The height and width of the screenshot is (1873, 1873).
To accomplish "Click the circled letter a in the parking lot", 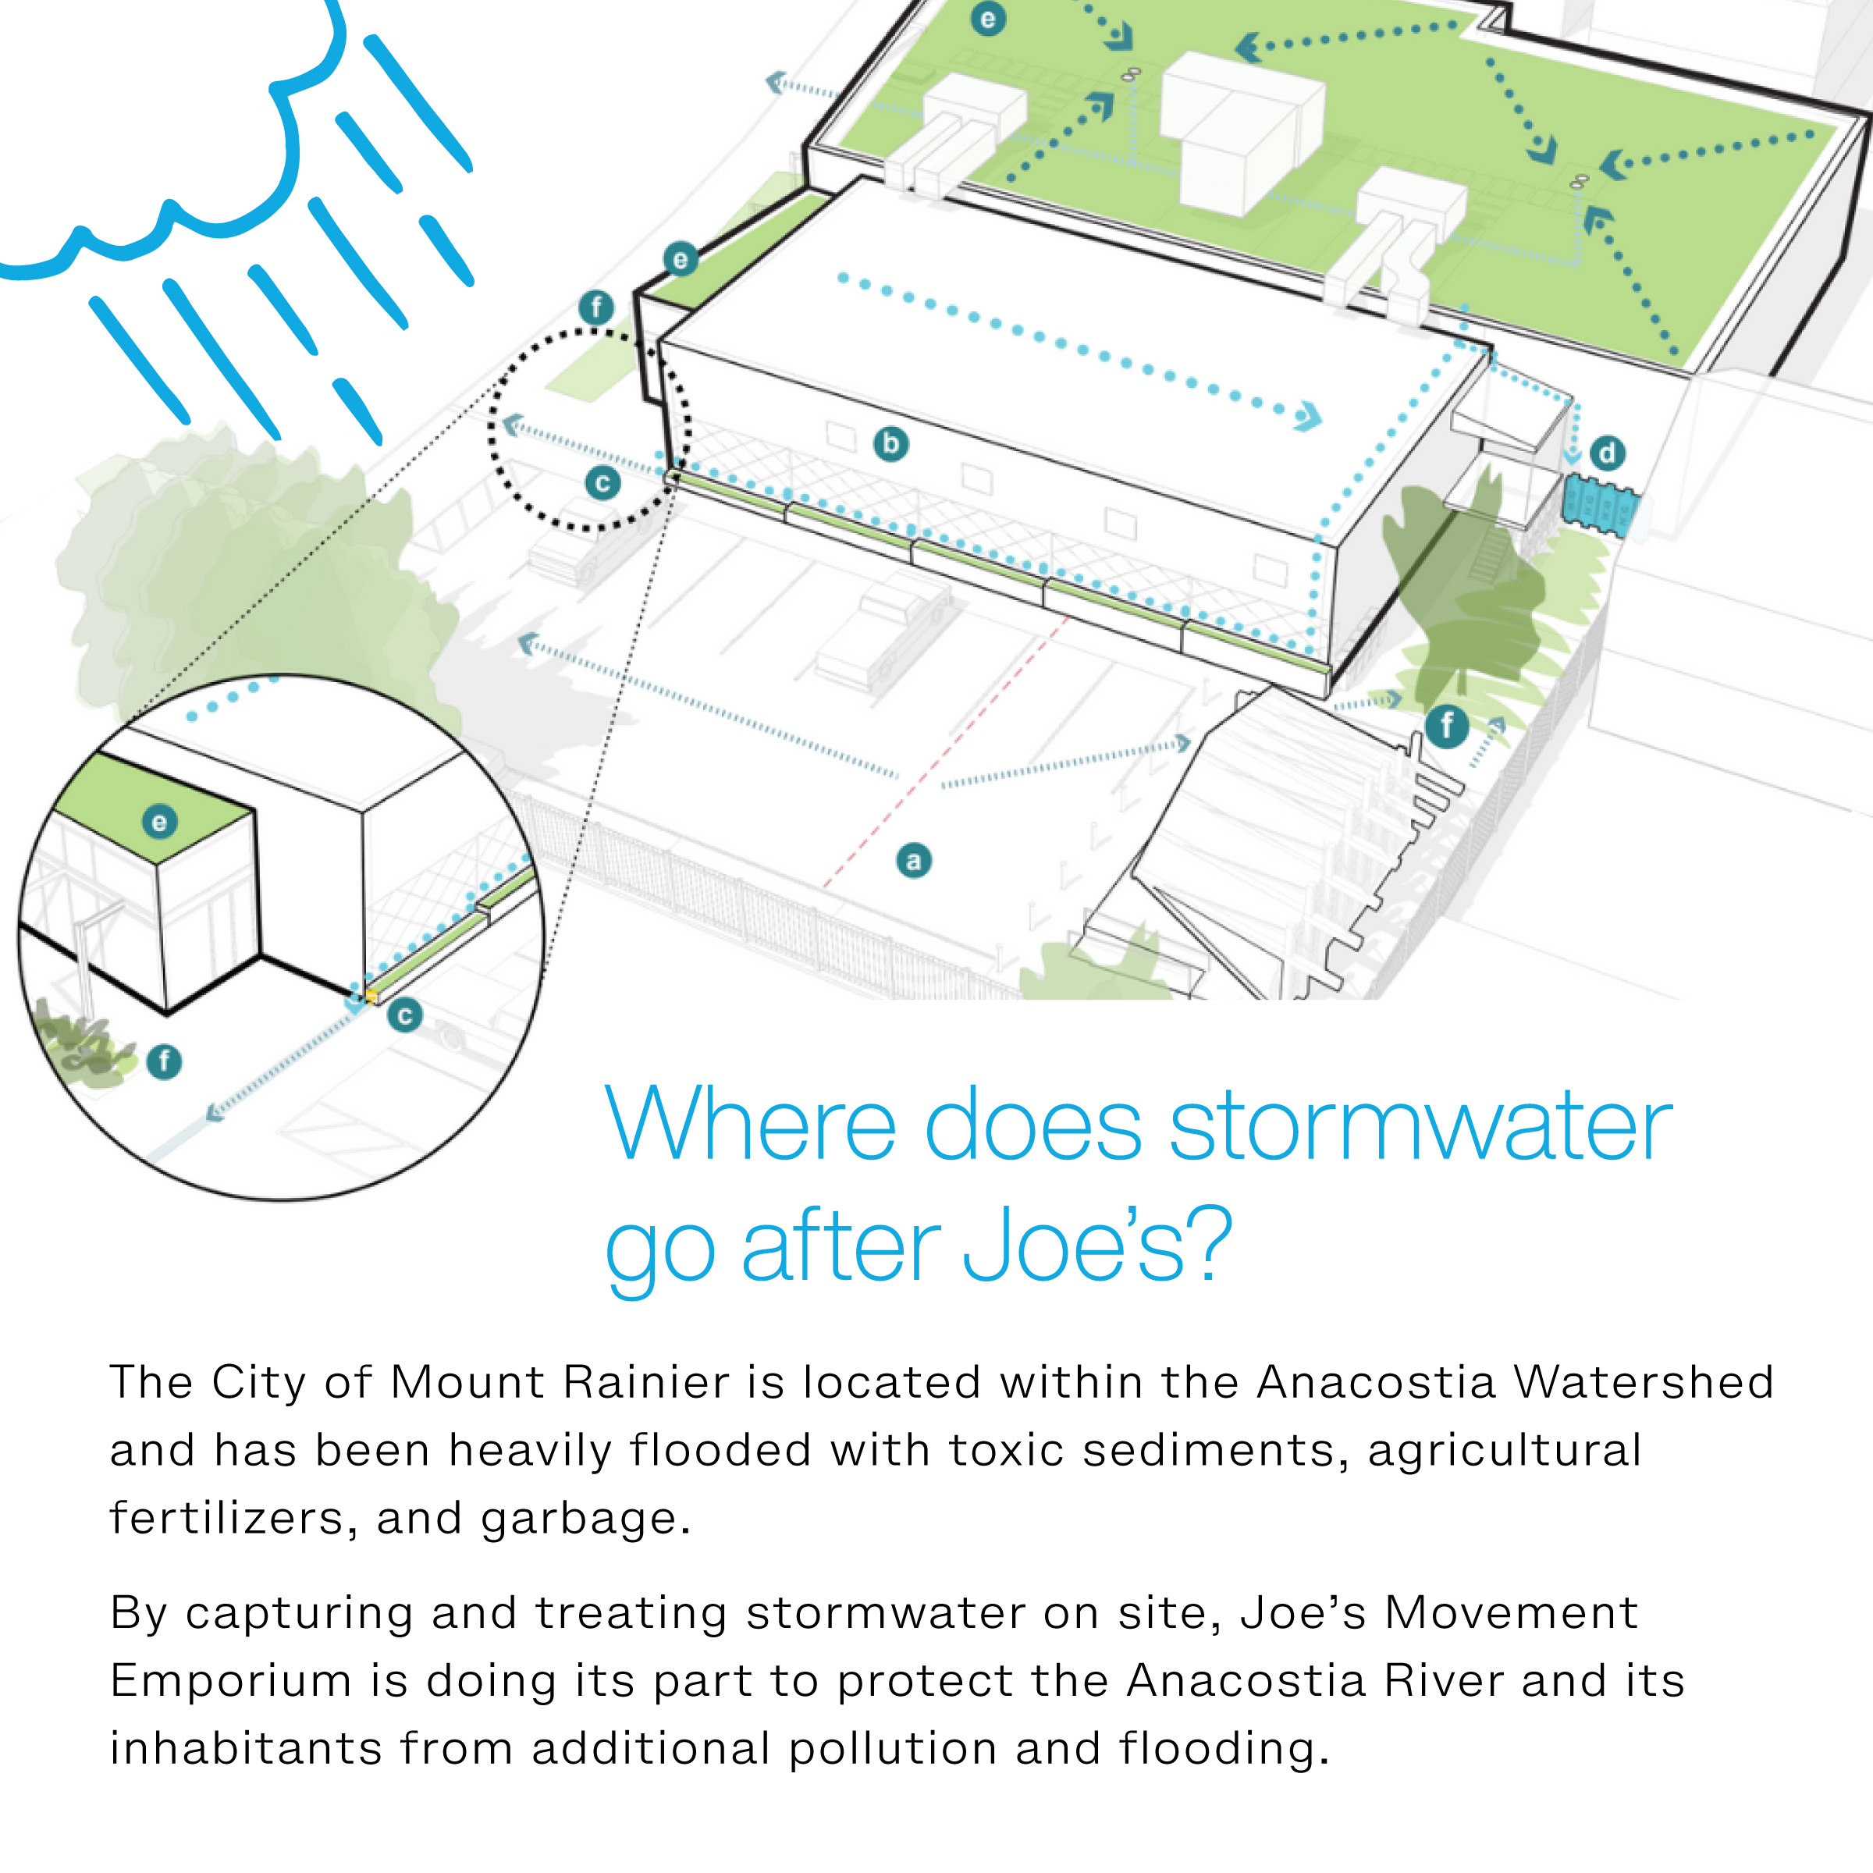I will click(x=913, y=861).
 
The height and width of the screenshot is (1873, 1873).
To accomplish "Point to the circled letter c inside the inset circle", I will click(x=405, y=1016).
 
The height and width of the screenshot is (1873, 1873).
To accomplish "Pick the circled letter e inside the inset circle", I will click(x=160, y=822).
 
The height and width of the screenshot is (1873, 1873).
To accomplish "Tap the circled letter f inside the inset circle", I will click(x=165, y=1061).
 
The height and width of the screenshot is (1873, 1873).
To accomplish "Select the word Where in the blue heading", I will click(x=750, y=1125).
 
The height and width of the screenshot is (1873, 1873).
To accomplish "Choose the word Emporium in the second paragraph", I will click(x=231, y=1681).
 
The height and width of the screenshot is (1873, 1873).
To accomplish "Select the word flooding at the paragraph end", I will click(x=1221, y=1749).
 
